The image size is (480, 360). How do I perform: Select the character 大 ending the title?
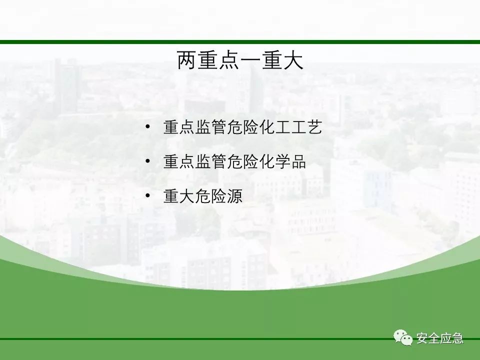coord(293,60)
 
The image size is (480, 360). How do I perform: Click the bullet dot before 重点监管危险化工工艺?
coord(148,126)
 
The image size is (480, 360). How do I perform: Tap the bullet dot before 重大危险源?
coord(148,195)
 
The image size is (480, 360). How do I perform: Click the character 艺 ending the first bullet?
coord(314,127)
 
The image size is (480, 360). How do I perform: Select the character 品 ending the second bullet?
coord(299,161)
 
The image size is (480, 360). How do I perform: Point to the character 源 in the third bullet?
coord(235,196)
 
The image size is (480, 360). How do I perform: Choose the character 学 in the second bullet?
coord(282,161)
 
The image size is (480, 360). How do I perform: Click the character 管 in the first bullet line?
coord(219,127)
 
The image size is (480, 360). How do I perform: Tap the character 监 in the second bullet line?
coord(203,161)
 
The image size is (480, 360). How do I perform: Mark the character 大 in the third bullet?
coord(187,196)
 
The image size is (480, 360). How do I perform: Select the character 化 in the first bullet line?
coord(266,127)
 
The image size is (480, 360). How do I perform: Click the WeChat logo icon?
coord(403,337)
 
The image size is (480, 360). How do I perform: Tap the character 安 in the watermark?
coord(422,338)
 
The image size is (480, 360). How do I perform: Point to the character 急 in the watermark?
coord(457,338)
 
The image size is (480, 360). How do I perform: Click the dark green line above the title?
coord(240,42)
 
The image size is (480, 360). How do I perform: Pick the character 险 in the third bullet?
coord(219,196)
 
